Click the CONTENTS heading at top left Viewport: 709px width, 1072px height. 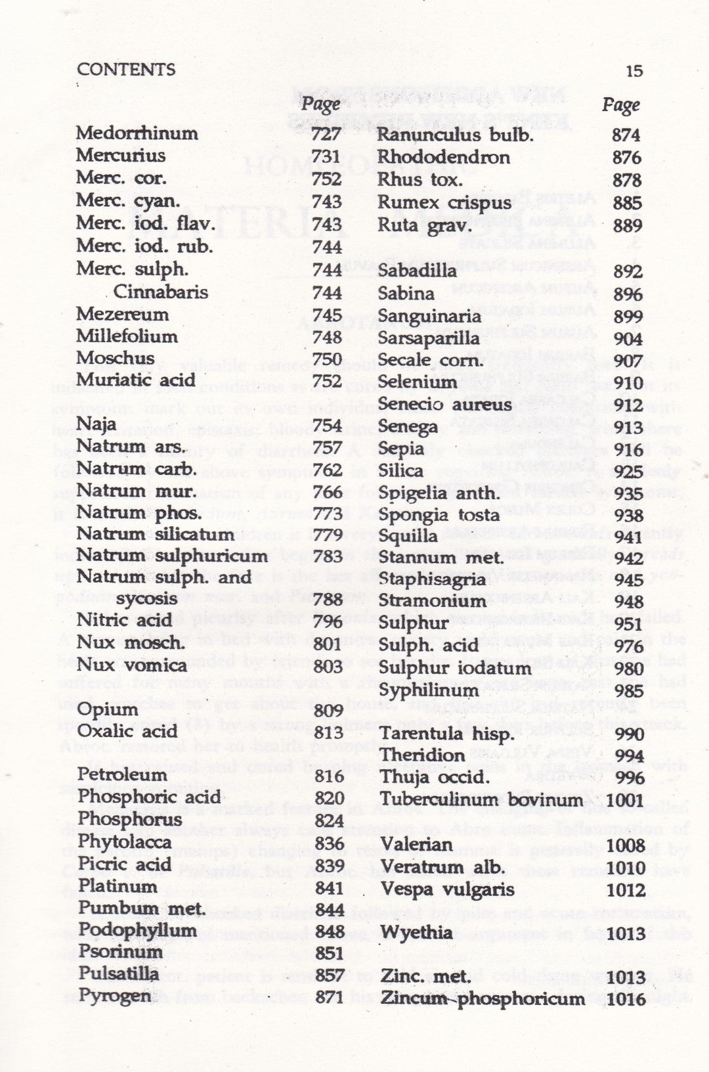pyautogui.click(x=126, y=70)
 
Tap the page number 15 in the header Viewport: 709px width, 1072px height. pyautogui.click(x=634, y=70)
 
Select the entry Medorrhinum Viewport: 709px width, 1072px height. pyautogui.click(x=137, y=133)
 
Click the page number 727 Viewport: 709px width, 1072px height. pyautogui.click(x=326, y=133)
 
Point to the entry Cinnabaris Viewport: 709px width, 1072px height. pyautogui.click(x=161, y=292)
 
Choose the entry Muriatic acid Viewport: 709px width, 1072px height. pyautogui.click(x=136, y=380)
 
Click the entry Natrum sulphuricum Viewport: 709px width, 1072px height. pyautogui.click(x=172, y=556)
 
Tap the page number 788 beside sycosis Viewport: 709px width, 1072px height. pyautogui.click(x=328, y=599)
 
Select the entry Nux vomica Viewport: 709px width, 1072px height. pyautogui.click(x=132, y=665)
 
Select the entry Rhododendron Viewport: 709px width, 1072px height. pyautogui.click(x=443, y=158)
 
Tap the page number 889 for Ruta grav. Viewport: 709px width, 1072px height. pyautogui.click(x=626, y=225)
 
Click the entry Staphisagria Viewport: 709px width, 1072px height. pyautogui.click(x=432, y=579)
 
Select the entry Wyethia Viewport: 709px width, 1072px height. pyautogui.click(x=416, y=932)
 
